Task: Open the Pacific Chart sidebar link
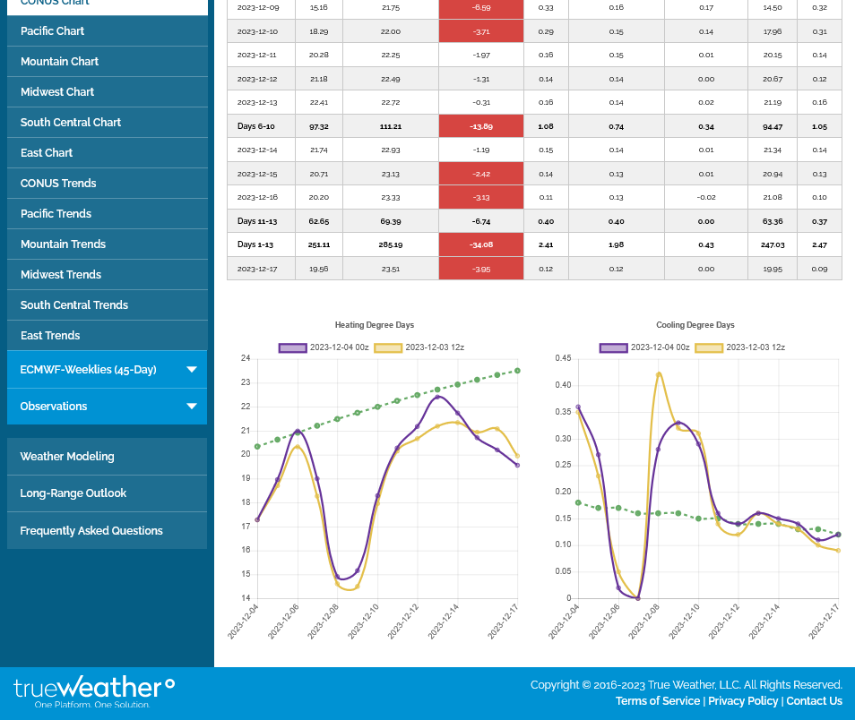click(53, 30)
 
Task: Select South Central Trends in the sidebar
click(74, 304)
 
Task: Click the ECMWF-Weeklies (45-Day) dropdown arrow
click(191, 369)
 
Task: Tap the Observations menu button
click(107, 406)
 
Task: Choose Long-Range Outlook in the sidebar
click(73, 493)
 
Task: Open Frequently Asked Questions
click(91, 531)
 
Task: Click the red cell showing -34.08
click(481, 244)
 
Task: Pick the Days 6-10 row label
click(256, 126)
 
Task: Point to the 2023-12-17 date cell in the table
click(257, 269)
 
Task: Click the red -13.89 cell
click(481, 126)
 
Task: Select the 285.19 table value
click(391, 244)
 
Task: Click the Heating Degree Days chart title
click(375, 325)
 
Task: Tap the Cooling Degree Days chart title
click(695, 325)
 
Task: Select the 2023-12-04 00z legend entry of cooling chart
click(645, 347)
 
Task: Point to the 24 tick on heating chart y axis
click(246, 359)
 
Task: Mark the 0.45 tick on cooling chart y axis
click(563, 359)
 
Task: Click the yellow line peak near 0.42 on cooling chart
click(659, 373)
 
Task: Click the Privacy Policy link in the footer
click(743, 701)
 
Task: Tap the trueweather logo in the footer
click(94, 690)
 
